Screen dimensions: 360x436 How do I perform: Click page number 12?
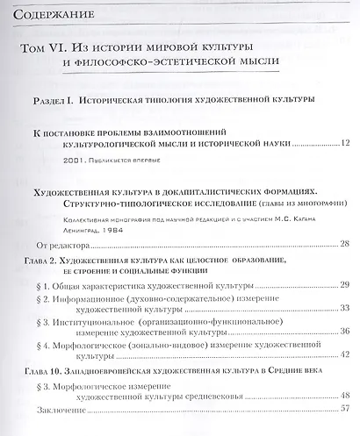click(x=344, y=142)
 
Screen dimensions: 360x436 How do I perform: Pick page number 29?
click(x=344, y=285)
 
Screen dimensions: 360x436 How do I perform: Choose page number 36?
click(x=344, y=335)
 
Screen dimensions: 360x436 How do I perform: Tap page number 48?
click(x=344, y=397)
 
